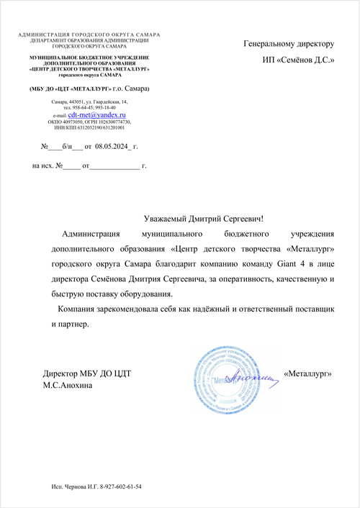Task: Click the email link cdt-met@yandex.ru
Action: click(97, 114)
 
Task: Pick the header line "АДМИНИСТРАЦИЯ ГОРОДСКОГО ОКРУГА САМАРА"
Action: click(89, 35)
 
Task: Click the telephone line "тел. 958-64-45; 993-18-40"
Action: click(89, 108)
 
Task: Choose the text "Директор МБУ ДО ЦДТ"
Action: click(86, 373)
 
